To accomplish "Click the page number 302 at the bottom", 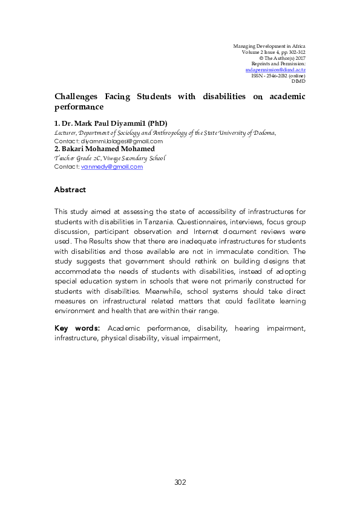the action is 180,482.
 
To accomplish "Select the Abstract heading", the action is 70,190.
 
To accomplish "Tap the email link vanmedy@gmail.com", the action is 112,167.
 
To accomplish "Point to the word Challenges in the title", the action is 76,97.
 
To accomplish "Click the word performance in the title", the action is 79,107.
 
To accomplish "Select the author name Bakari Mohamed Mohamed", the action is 107,149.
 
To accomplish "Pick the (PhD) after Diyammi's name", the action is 155,123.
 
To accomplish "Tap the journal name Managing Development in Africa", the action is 269,46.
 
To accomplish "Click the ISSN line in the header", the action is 278,75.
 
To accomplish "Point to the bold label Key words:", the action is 78,329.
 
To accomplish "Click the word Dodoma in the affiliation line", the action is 264,132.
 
